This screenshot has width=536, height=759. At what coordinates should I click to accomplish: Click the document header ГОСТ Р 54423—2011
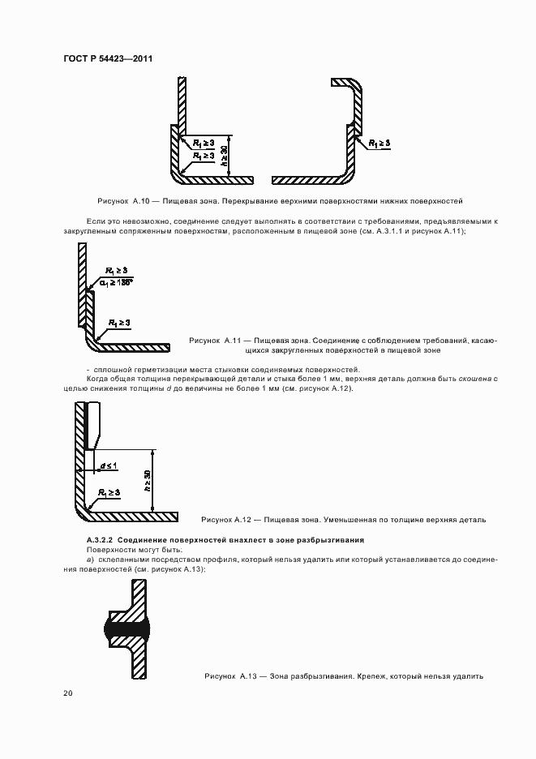pyautogui.click(x=108, y=58)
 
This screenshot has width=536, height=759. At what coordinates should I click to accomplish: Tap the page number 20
pyautogui.click(x=67, y=693)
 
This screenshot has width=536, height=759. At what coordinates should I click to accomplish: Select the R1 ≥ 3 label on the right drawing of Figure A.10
pyautogui.click(x=379, y=143)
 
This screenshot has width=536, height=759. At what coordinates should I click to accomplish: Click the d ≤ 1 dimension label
pyautogui.click(x=109, y=465)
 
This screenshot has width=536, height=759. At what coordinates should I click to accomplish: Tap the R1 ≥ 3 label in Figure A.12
pyautogui.click(x=109, y=492)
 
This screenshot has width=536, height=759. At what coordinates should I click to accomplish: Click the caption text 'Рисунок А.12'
pyautogui.click(x=229, y=519)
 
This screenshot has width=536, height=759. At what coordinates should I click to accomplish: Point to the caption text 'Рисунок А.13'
pyautogui.click(x=231, y=675)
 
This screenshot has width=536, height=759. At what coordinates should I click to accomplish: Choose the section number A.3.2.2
pyautogui.click(x=101, y=540)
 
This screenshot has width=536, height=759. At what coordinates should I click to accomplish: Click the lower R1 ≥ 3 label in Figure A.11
pyautogui.click(x=118, y=323)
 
